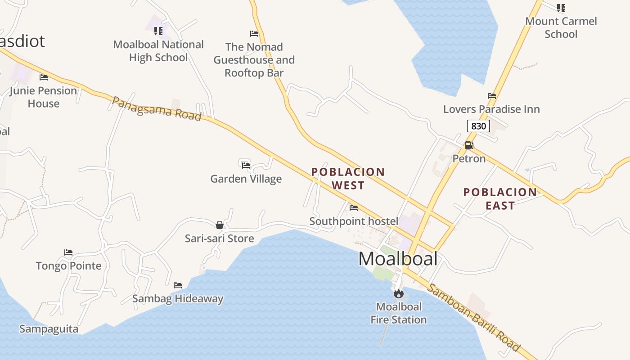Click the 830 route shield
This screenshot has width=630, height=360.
point(478,126)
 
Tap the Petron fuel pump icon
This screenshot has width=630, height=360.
point(469,145)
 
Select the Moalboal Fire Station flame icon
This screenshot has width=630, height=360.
point(398,294)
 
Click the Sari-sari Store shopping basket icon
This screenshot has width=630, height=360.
point(220,225)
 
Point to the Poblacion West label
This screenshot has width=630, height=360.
point(348,178)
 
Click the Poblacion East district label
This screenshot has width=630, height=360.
point(500,198)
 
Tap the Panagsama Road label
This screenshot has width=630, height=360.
point(156,108)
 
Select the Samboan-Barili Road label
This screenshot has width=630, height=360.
point(473,318)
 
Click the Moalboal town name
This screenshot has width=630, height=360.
point(398,259)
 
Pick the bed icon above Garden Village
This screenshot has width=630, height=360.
point(246,165)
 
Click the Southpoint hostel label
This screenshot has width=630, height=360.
point(354,221)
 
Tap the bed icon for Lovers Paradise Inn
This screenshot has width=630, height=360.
point(491,96)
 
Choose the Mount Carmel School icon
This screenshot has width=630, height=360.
point(561,8)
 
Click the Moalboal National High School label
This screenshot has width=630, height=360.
point(158,51)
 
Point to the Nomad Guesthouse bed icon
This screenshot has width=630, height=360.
point(254,34)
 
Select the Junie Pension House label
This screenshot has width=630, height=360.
point(43,97)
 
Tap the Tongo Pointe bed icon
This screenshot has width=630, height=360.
point(68,252)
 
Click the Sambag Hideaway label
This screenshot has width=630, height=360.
point(178,298)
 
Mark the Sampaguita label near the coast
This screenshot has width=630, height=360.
point(49,329)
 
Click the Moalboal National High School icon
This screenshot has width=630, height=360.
point(158,31)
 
